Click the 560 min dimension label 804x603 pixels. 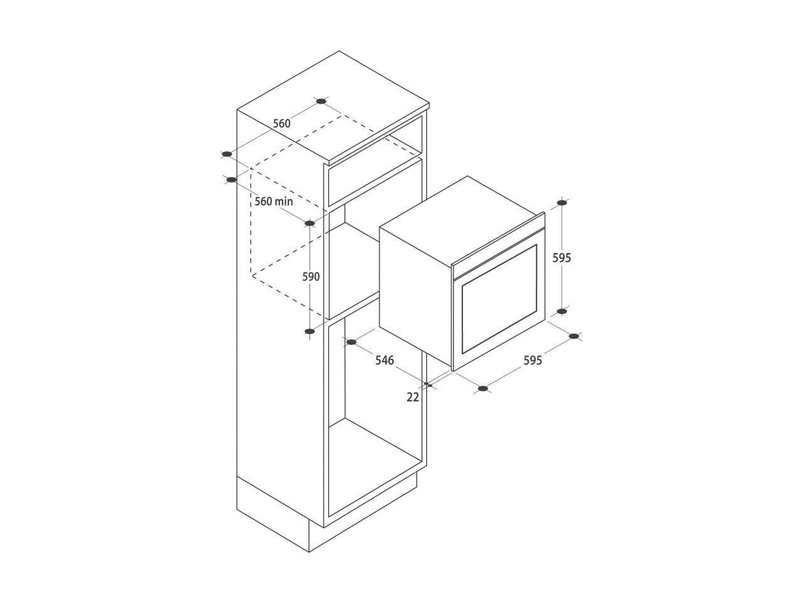pos(274,202)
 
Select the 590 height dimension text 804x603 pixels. pos(311,277)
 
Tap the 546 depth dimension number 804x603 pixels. pos(384,361)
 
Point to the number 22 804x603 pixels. pos(413,397)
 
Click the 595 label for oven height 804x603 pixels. pos(562,258)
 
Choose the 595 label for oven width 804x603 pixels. pos(533,361)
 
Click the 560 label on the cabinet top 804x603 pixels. pos(281,124)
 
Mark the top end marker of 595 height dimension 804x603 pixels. pos(562,202)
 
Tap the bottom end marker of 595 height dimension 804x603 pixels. pos(562,311)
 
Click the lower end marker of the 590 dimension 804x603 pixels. pos(310,332)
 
